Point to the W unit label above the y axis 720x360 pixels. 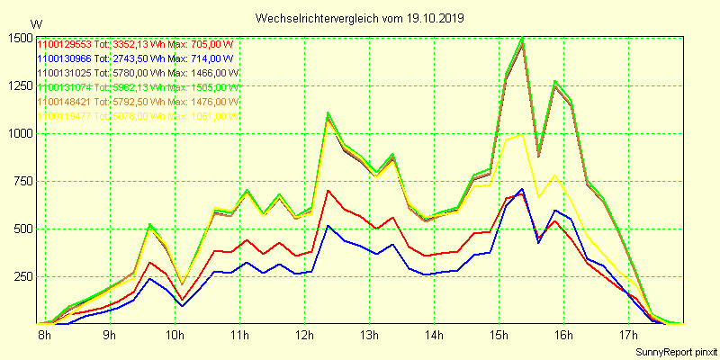(x=36, y=23)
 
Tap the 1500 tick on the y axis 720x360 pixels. (x=19, y=38)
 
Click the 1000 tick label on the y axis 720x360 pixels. (x=19, y=133)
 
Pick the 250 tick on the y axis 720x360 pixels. (x=22, y=275)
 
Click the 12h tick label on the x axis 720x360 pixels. (x=304, y=336)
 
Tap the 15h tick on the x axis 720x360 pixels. (x=498, y=336)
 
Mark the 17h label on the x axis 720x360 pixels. (x=627, y=336)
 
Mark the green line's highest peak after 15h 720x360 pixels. (x=522, y=38)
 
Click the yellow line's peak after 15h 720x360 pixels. (x=522, y=135)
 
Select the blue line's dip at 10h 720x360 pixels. (x=183, y=306)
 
